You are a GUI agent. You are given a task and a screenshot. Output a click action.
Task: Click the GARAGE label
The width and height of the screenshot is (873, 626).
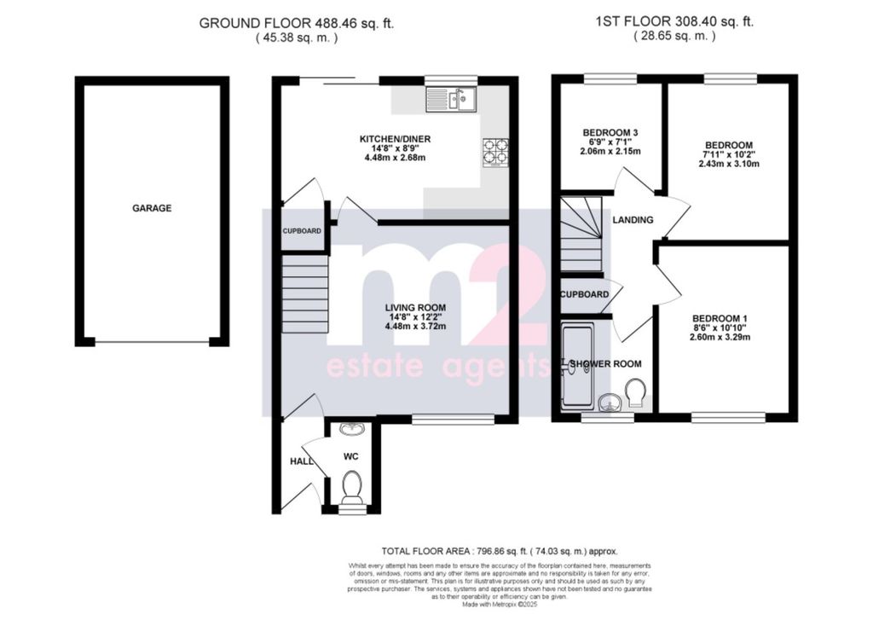point(152,208)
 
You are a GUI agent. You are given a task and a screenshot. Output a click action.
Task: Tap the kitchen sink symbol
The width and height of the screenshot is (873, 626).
point(451,100)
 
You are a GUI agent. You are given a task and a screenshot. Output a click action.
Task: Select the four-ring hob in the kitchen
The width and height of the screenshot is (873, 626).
point(495,151)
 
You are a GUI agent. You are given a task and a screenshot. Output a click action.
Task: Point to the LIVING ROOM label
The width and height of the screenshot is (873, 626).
point(415,308)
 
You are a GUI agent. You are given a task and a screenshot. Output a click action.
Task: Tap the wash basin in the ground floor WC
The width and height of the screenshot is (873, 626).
point(351,429)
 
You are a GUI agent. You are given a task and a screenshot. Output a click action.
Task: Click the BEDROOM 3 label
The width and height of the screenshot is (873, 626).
point(610,132)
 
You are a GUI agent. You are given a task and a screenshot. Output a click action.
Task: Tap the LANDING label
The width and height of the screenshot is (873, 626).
point(633,220)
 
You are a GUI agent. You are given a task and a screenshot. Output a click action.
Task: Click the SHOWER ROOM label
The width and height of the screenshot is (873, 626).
point(605,364)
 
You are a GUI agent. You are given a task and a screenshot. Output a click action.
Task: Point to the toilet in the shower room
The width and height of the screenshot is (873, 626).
point(633,392)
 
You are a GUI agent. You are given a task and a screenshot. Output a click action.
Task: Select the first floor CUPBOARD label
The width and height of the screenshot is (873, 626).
point(585,295)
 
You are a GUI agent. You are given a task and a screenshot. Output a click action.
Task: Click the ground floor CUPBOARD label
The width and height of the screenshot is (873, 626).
point(303,231)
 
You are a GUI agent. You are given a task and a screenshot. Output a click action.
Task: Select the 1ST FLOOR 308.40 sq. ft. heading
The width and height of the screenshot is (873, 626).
point(674,23)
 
